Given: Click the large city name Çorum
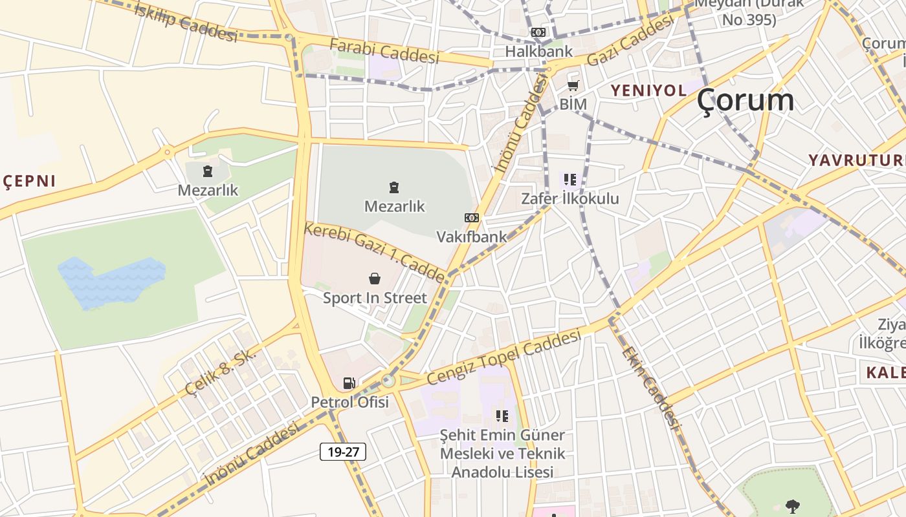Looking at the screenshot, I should (746, 100).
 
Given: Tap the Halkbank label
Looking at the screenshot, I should (538, 51).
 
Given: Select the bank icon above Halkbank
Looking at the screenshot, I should (538, 32).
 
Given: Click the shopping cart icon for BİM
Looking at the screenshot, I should (573, 85).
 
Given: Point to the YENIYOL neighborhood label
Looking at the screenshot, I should (648, 90).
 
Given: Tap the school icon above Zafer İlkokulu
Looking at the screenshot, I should (569, 180).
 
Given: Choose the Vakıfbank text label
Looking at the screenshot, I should (472, 237).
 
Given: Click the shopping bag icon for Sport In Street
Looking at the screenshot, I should (375, 279).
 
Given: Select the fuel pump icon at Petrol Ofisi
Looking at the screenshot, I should (349, 383).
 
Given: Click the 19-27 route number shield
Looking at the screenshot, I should (343, 452).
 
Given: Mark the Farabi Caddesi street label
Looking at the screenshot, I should (384, 50).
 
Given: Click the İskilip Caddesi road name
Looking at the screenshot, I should (186, 22).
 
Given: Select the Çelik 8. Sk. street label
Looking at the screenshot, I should (221, 372).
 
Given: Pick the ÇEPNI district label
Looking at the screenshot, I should (30, 182).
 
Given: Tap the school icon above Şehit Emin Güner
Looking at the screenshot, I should (502, 416).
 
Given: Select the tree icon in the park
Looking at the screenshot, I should (791, 506).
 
